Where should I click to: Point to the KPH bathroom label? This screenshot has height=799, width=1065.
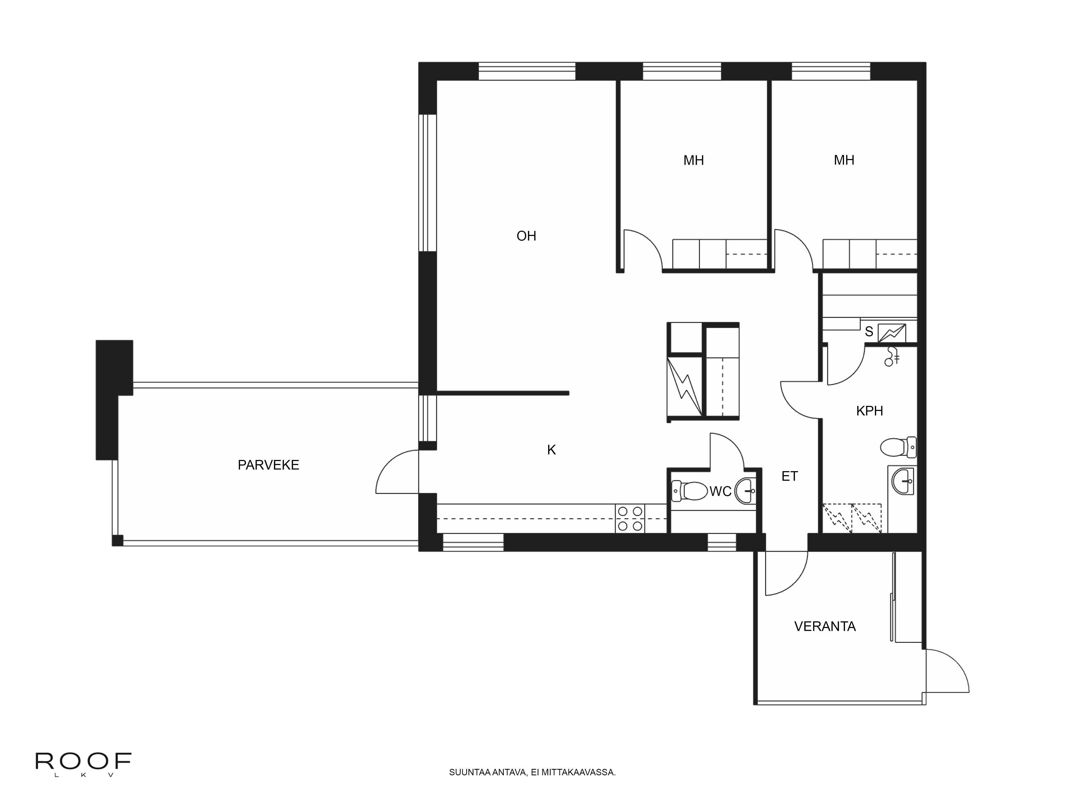[x=870, y=411]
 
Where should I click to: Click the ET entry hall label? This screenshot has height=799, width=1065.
[x=790, y=476]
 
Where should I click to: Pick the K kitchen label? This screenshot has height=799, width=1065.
[x=552, y=450]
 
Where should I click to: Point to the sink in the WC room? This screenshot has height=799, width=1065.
[x=746, y=491]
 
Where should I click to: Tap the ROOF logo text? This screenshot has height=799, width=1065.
[x=83, y=761]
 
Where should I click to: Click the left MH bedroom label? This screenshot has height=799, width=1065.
[x=694, y=160]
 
